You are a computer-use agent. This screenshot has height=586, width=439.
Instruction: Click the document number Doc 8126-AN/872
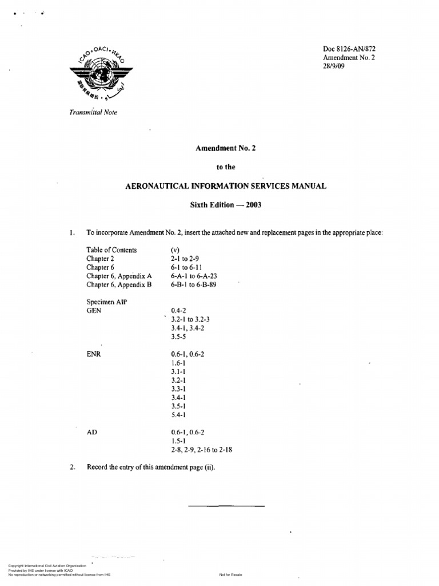[349, 49]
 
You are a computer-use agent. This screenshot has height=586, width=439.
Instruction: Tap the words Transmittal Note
[93, 112]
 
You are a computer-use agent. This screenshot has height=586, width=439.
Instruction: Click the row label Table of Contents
[111, 250]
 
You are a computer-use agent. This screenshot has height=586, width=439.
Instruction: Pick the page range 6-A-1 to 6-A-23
[194, 276]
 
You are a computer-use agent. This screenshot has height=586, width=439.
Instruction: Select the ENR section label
[94, 354]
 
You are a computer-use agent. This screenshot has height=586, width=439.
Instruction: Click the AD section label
[91, 432]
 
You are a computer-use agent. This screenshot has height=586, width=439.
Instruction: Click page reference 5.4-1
[178, 414]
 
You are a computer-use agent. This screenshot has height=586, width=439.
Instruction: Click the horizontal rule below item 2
[226, 506]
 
